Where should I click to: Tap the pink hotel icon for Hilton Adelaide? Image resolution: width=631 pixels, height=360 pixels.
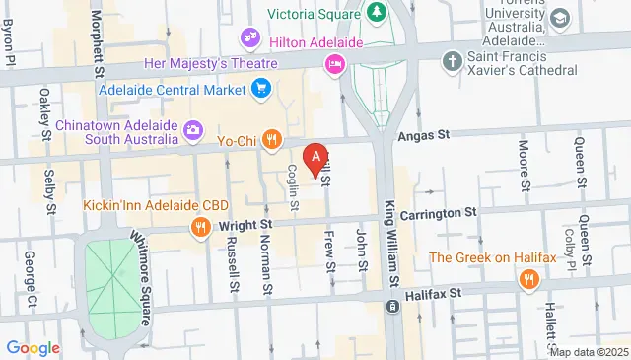334,64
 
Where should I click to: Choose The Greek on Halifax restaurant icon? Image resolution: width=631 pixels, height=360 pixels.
527,280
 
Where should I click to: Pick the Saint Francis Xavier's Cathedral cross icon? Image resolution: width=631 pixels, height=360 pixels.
454,59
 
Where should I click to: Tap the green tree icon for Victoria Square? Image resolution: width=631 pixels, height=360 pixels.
376,13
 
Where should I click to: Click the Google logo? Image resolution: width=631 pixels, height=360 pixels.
34,347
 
